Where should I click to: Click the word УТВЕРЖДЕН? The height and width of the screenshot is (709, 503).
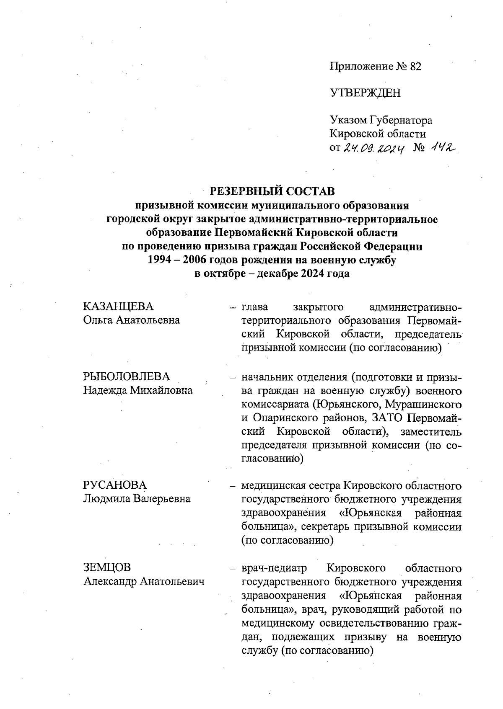365,93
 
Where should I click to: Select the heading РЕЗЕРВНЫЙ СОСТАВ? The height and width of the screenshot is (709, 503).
272,191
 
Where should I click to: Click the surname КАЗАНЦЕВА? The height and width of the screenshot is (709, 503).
119,307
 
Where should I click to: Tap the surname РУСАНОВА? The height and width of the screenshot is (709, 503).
115,485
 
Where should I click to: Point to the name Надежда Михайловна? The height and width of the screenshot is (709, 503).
138,390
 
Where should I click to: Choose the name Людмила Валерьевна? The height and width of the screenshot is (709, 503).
137,499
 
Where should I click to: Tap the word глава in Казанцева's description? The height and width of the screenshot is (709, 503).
255,307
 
